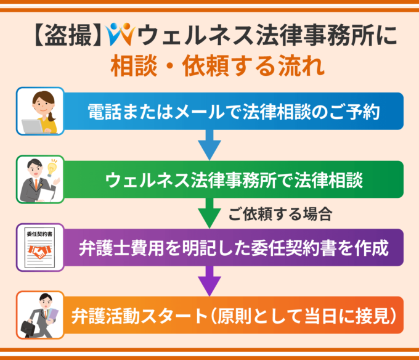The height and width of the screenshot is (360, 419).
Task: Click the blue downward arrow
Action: pos(209,145)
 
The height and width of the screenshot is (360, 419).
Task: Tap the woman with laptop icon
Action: pos(40,112)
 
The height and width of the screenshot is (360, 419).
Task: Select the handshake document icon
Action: pos(40,248)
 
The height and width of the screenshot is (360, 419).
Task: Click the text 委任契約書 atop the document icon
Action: pos(39,235)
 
